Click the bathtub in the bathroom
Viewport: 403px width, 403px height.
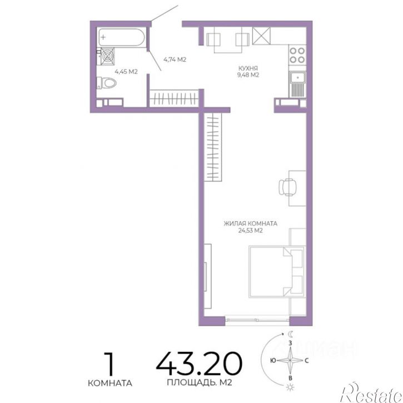click(x=122, y=38)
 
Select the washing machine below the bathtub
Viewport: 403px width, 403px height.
click(x=107, y=56)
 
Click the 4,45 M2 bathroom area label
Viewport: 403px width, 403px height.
click(x=126, y=72)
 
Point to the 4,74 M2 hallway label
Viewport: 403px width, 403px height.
click(x=175, y=59)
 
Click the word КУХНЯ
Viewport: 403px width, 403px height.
click(x=248, y=68)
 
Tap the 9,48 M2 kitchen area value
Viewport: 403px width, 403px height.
click(x=248, y=75)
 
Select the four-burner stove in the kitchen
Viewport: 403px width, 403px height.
click(x=297, y=55)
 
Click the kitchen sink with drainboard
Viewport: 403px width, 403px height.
click(x=297, y=84)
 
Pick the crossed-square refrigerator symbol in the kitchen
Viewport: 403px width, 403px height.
click(x=261, y=36)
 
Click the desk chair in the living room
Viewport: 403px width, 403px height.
click(x=287, y=187)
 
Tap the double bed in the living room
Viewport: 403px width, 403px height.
click(x=277, y=272)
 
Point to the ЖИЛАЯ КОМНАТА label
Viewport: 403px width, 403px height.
click(x=250, y=223)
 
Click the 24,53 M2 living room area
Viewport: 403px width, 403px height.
click(x=250, y=231)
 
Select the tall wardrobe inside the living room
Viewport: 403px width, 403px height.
click(x=213, y=147)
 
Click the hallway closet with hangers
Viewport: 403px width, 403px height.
click(x=174, y=98)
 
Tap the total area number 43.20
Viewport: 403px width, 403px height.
click(x=199, y=363)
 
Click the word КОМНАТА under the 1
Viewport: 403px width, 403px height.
click(x=110, y=383)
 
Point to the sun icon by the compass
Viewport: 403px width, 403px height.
click(x=290, y=387)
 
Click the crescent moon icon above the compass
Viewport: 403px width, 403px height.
click(x=290, y=334)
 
